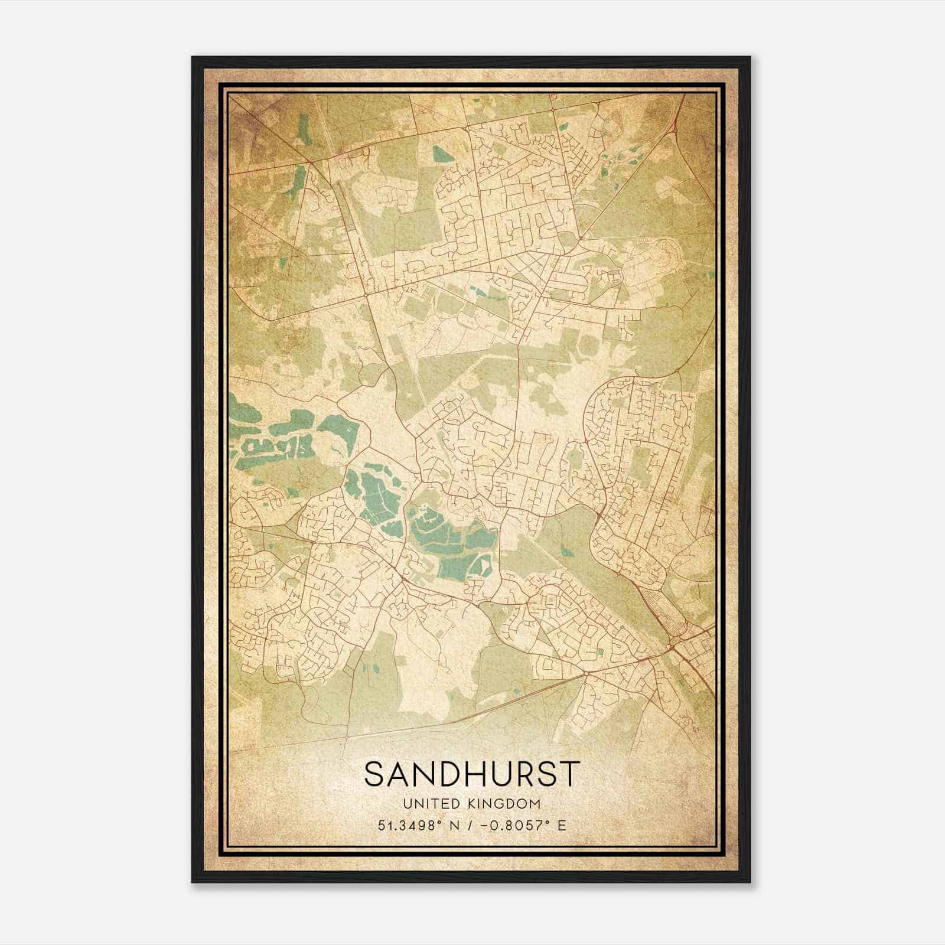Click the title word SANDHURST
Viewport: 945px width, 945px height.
click(x=472, y=774)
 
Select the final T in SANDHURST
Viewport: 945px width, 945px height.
click(x=569, y=774)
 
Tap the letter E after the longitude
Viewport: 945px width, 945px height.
click(x=562, y=825)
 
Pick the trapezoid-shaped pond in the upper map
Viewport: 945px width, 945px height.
click(x=440, y=154)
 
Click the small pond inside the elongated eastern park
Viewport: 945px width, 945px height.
click(x=568, y=553)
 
